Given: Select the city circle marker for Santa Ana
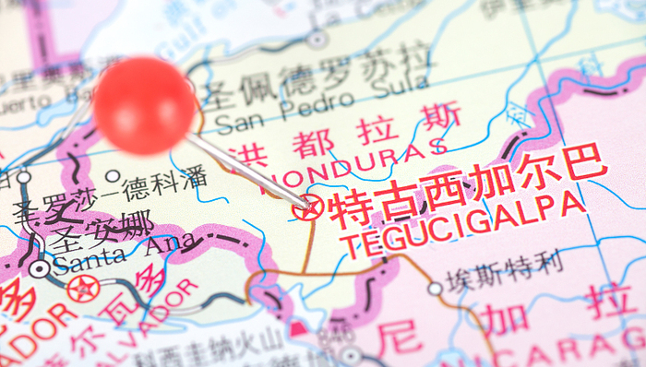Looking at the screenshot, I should (x=40, y=268).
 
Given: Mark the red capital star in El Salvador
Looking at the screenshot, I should (x=83, y=289).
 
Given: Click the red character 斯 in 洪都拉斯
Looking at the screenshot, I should (x=438, y=119).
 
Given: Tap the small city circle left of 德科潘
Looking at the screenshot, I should (x=113, y=176).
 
